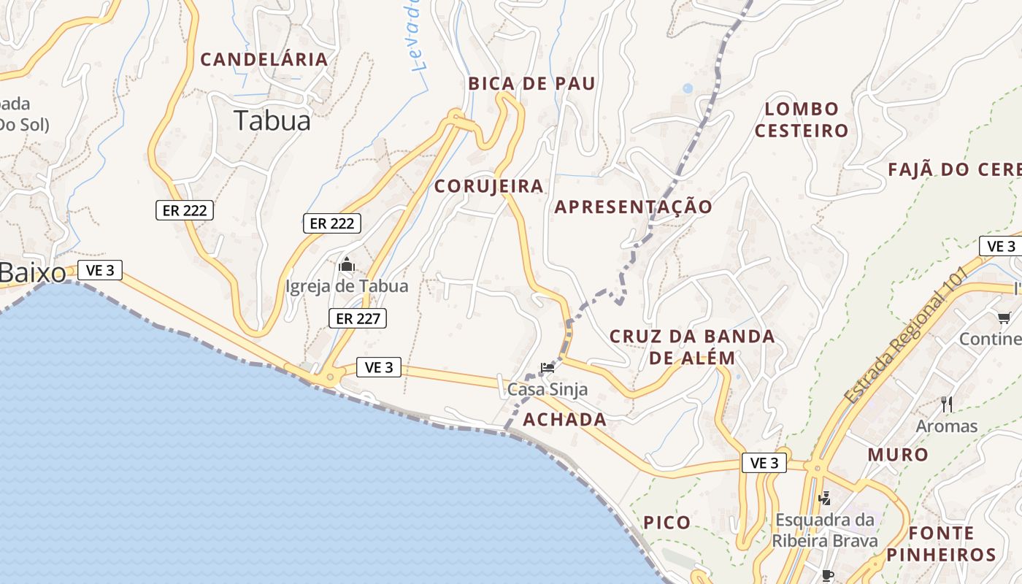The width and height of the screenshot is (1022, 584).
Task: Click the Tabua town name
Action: point(272,120)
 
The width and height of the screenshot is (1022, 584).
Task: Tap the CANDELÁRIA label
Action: point(264,60)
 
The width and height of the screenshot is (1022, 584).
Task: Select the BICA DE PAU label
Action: point(532,83)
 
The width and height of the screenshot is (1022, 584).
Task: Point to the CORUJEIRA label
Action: point(489,186)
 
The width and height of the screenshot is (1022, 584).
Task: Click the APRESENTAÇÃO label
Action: point(633,207)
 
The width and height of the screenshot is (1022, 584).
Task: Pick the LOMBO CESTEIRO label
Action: point(802,120)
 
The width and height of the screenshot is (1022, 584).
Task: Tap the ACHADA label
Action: point(565,420)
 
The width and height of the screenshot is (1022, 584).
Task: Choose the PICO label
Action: point(667,523)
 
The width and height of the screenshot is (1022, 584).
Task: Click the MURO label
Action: point(898,455)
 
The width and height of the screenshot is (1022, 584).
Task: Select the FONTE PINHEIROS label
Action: point(942,544)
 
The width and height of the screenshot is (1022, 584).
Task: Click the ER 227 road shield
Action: point(357,318)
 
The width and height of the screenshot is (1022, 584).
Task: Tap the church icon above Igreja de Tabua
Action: point(346,264)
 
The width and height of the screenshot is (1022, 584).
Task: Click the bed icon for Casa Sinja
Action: point(547,367)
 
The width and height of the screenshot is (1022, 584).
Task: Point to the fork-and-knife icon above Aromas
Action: point(947,404)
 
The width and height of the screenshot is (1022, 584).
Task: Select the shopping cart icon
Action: point(1004,318)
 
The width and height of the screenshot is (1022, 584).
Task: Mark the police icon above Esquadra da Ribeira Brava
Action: point(825,499)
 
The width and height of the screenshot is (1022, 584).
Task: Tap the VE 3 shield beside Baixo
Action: point(100,270)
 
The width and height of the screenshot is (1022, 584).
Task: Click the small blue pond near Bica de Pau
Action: point(688,88)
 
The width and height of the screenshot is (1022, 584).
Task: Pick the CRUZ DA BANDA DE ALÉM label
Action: point(692,347)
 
